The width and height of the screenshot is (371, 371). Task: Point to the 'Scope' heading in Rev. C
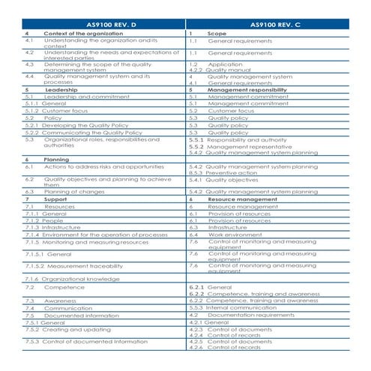pos(217,34)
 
